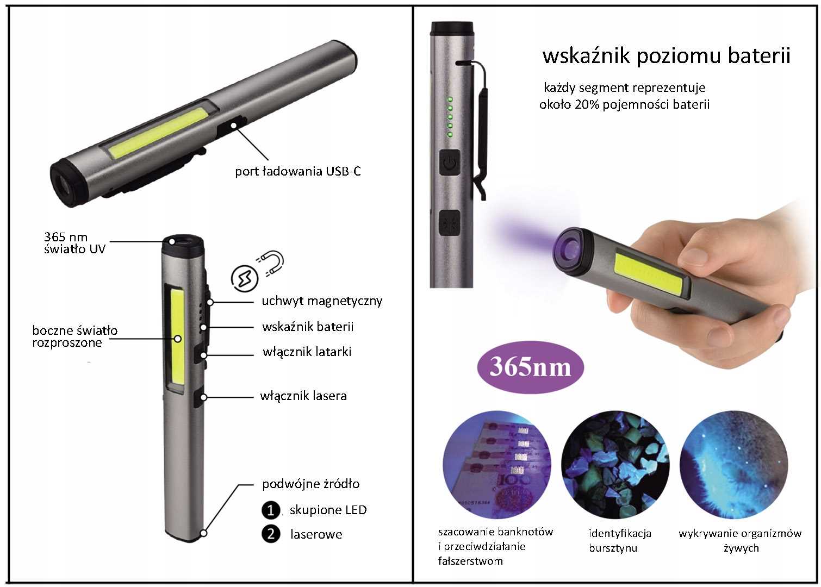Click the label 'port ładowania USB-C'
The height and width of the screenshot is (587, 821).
click(x=297, y=172)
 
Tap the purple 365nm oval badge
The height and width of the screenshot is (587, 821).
click(x=530, y=367)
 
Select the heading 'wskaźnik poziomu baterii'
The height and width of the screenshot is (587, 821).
click(x=667, y=55)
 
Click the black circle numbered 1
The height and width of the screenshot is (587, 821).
click(x=271, y=510)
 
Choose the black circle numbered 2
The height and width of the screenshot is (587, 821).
click(x=271, y=534)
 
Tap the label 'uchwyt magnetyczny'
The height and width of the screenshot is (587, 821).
click(x=322, y=301)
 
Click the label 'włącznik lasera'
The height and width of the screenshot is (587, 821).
click(x=303, y=396)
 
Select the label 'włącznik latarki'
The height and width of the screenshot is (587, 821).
click(x=307, y=352)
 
